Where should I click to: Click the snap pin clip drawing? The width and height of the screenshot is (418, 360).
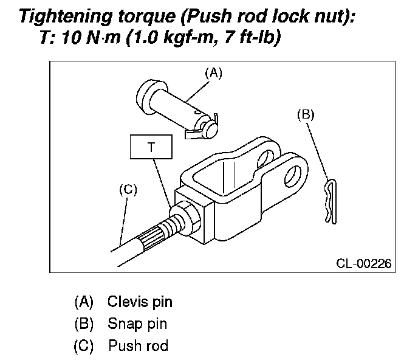point(329,201)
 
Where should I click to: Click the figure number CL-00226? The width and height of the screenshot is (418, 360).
point(363,263)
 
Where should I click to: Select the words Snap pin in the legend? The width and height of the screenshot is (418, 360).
point(137,324)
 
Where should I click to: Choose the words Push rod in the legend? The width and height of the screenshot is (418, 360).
point(139,346)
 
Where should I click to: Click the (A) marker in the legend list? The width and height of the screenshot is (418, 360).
point(84,301)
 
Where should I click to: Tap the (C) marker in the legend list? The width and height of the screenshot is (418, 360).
point(84,346)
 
